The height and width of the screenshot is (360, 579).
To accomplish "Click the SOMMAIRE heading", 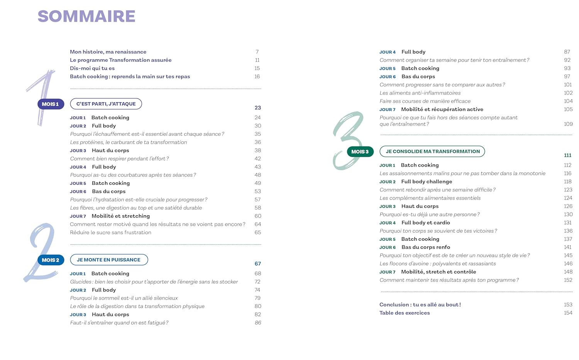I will pyautogui.click(x=86, y=16).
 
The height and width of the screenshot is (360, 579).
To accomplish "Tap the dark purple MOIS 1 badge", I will pyautogui.click(x=51, y=104).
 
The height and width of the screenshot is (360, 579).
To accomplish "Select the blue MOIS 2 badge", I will pyautogui.click(x=51, y=260).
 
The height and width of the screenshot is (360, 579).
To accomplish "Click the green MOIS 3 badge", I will pyautogui.click(x=360, y=152).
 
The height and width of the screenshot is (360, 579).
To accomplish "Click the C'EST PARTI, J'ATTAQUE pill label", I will pyautogui.click(x=106, y=104).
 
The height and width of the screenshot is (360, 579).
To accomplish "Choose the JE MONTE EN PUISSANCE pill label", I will pyautogui.click(x=109, y=260).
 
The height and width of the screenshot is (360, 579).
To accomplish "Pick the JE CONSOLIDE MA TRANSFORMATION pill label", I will pyautogui.click(x=432, y=151).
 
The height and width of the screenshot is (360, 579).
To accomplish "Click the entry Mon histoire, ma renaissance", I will pyautogui.click(x=108, y=52).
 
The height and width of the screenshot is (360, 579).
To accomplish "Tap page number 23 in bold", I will pyautogui.click(x=258, y=108).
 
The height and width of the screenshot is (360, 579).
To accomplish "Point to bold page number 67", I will pyautogui.click(x=258, y=264).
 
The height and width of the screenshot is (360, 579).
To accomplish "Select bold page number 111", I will pyautogui.click(x=567, y=155).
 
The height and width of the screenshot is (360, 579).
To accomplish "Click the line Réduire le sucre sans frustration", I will pyautogui.click(x=110, y=232).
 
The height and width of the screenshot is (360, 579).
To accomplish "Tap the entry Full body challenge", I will pyautogui.click(x=427, y=181).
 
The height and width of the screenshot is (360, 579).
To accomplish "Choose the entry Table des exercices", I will pyautogui.click(x=405, y=313).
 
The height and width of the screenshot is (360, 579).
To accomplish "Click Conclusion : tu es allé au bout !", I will pyautogui.click(x=420, y=304).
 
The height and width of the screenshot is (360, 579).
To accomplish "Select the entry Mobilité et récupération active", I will pyautogui.click(x=442, y=109).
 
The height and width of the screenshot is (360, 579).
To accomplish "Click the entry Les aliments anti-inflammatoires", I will pyautogui.click(x=420, y=93).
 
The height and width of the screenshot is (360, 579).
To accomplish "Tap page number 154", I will pyautogui.click(x=568, y=313).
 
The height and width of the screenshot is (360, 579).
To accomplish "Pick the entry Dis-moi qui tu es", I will pyautogui.click(x=92, y=68).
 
